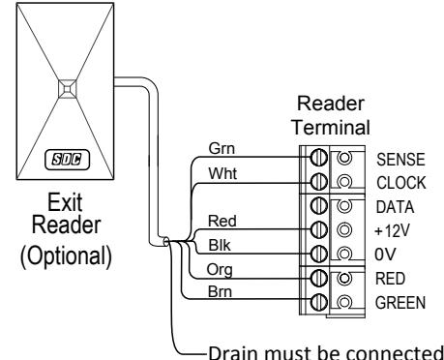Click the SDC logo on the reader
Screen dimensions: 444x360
(x=67, y=160)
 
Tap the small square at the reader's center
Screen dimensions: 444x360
(x=68, y=88)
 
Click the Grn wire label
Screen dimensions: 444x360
(x=222, y=149)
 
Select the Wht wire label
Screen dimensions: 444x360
(x=222, y=173)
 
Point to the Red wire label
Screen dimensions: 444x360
(x=222, y=222)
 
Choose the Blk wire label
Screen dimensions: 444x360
(x=220, y=245)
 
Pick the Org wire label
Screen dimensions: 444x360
(x=220, y=270)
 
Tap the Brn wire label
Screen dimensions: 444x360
(x=220, y=291)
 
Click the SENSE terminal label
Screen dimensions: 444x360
(x=400, y=160)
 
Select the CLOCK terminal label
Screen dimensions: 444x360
(x=401, y=183)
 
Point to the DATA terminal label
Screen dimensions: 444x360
(x=395, y=207)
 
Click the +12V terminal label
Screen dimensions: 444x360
(x=392, y=230)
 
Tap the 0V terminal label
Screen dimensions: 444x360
(x=385, y=255)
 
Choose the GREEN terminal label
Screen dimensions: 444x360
(x=400, y=303)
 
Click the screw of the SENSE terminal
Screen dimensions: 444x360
(x=318, y=158)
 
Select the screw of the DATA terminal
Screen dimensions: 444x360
(x=318, y=205)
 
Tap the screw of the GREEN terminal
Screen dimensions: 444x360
(x=318, y=302)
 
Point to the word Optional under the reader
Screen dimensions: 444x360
(x=66, y=255)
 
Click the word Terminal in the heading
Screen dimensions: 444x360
(x=331, y=128)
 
